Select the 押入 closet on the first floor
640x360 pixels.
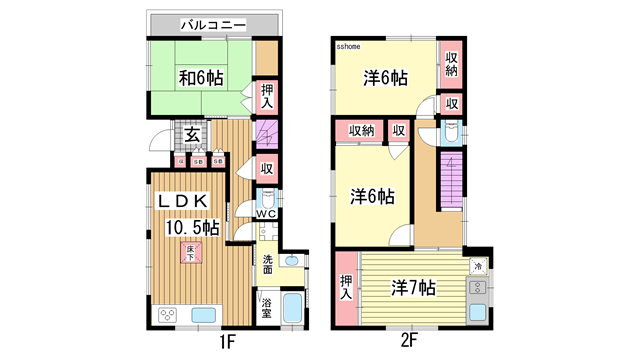click(266, 97)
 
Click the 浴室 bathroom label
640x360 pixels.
click(267, 308)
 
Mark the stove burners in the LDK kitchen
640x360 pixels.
click(167, 317)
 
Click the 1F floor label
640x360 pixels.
click(227, 342)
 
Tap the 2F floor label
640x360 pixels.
click(409, 342)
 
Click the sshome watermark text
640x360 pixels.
click(348, 46)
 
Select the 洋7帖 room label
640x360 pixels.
click(412, 288)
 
